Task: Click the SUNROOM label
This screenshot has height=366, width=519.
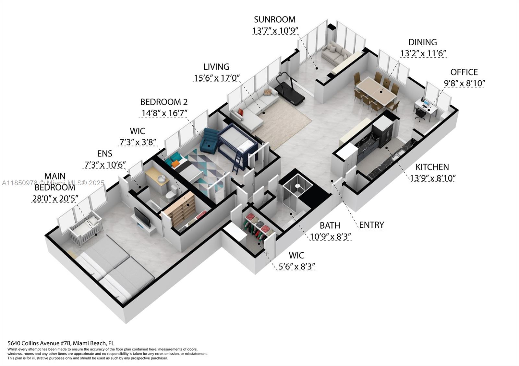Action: coord(274,19)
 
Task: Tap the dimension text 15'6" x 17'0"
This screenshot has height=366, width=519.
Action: coord(216,78)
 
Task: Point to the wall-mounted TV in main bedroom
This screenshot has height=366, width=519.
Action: coord(142,217)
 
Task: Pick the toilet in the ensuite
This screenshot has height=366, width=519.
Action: coord(171,193)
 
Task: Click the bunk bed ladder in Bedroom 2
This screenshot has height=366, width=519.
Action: coord(238,162)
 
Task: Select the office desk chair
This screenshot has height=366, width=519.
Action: coord(420,114)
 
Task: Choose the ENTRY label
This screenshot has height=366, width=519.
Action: coord(371,225)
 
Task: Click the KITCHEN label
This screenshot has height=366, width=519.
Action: coord(432,167)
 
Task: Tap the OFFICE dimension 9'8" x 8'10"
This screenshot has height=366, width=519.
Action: coord(464,83)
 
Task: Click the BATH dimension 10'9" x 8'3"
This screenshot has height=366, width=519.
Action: coord(330,237)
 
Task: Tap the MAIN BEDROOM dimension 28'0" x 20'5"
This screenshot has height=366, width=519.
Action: coord(55,199)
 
